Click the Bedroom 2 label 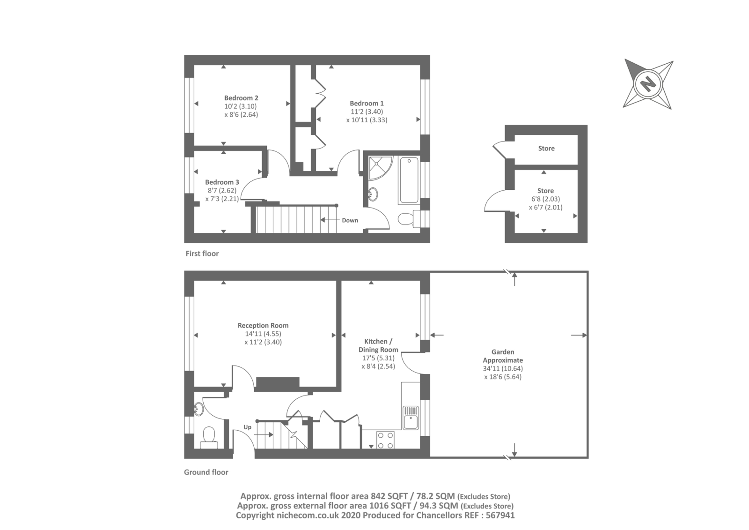coord(241,98)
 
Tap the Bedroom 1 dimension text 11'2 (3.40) coord(367,112)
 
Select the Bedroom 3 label coord(222,182)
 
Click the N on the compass coord(648,84)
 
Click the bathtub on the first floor coord(409,181)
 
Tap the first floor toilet coord(406,218)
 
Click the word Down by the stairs coord(350,220)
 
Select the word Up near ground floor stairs coord(247,427)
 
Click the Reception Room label coord(263,325)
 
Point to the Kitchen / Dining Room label coord(378,345)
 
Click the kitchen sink coord(411,417)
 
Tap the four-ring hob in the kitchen coord(385,440)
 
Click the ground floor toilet coord(208,436)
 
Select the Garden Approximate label coord(503,356)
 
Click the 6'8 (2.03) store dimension coord(546,199)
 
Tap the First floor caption coord(202,254)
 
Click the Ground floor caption coord(206,472)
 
